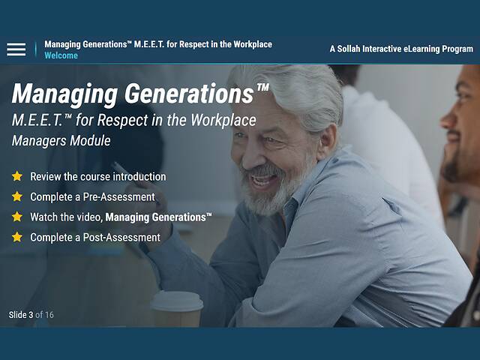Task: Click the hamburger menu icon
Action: tap(16, 49)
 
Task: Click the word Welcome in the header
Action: tap(61, 55)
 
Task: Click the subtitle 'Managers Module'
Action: tap(61, 140)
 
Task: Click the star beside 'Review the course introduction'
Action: tap(17, 177)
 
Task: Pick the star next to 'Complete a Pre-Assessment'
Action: tap(17, 197)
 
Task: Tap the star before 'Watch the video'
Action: tap(17, 217)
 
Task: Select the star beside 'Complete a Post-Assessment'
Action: tap(17, 238)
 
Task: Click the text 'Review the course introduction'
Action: tap(97, 177)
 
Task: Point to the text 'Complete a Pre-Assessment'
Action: tap(92, 197)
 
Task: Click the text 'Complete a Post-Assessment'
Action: tap(95, 238)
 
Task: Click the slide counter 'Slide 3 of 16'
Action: tap(31, 315)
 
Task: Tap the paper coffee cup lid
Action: tap(177, 300)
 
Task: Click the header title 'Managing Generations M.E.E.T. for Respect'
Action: tap(157, 44)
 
